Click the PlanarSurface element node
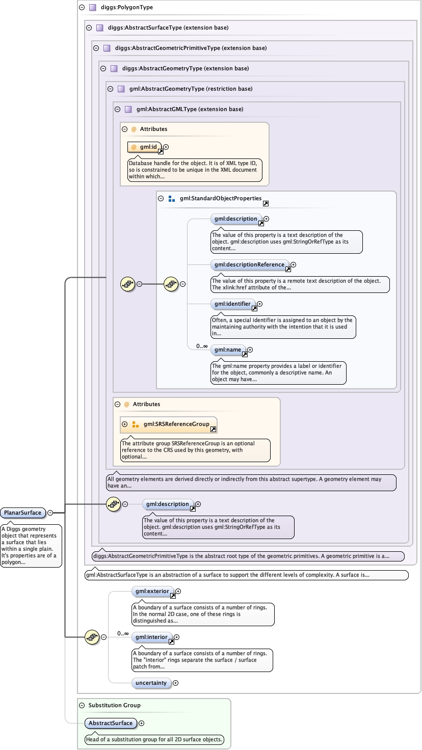coord(22,513)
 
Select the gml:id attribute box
coord(145,147)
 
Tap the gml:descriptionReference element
coord(250,264)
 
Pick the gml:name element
coord(228,350)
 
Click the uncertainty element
coord(151,683)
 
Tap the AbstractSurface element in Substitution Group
coord(111,723)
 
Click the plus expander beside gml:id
coord(166,147)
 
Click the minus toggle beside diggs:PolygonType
coord(82,8)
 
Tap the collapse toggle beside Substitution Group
coord(82,705)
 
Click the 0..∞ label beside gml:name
coord(202,346)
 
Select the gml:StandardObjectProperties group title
coord(220,198)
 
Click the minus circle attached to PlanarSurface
coord(50,513)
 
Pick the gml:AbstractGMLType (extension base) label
coord(190,109)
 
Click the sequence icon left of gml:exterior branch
coord(92,636)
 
